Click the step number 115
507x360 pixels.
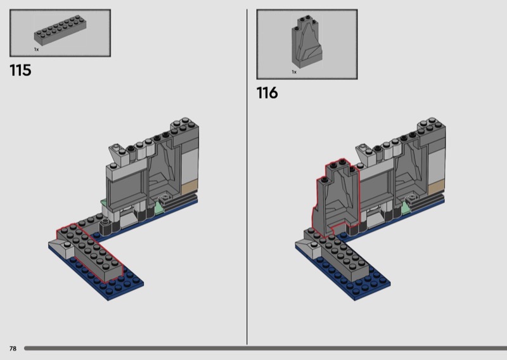(x=20, y=70)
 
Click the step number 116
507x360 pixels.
(x=267, y=93)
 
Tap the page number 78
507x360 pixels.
(x=13, y=349)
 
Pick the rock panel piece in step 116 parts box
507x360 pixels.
(x=307, y=42)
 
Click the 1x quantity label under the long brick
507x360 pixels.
(x=36, y=49)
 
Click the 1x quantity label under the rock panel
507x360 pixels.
(x=294, y=72)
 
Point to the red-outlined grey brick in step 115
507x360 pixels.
(x=90, y=252)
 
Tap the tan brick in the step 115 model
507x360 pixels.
(x=189, y=188)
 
